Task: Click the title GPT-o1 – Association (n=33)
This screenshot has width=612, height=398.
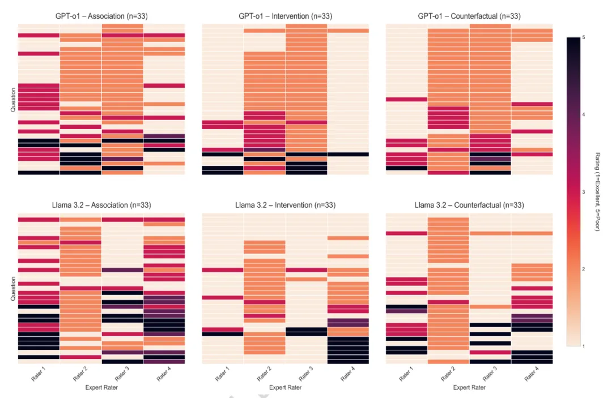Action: [x=101, y=16]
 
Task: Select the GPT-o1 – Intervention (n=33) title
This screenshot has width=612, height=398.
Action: [x=285, y=16]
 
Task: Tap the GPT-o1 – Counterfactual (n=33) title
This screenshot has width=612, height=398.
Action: [x=469, y=16]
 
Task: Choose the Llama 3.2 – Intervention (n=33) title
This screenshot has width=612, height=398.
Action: [x=285, y=205]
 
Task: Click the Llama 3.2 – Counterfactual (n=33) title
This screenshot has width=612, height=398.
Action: [x=469, y=205]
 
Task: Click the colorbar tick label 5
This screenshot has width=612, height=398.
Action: [x=584, y=37]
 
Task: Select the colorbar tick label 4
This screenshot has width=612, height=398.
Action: [x=584, y=114]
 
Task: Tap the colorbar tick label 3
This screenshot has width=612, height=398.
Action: [x=584, y=192]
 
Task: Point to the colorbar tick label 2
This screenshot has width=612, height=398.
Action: [x=584, y=269]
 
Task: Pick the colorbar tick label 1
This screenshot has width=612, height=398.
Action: [x=584, y=346]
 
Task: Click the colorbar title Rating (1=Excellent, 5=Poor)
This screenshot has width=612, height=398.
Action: [x=597, y=192]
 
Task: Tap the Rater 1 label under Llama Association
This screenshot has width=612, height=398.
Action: [x=39, y=374]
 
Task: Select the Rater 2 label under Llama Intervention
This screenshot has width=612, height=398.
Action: [x=264, y=374]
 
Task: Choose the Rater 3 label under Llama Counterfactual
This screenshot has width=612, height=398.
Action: [x=490, y=374]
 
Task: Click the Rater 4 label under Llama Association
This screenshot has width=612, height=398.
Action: [x=164, y=374]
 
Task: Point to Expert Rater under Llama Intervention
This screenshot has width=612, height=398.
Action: [x=285, y=387]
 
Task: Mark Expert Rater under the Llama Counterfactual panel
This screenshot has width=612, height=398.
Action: [x=469, y=387]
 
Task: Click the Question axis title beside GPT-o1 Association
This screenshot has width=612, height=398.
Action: [x=13, y=100]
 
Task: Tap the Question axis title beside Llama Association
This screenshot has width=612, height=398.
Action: [x=13, y=289]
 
